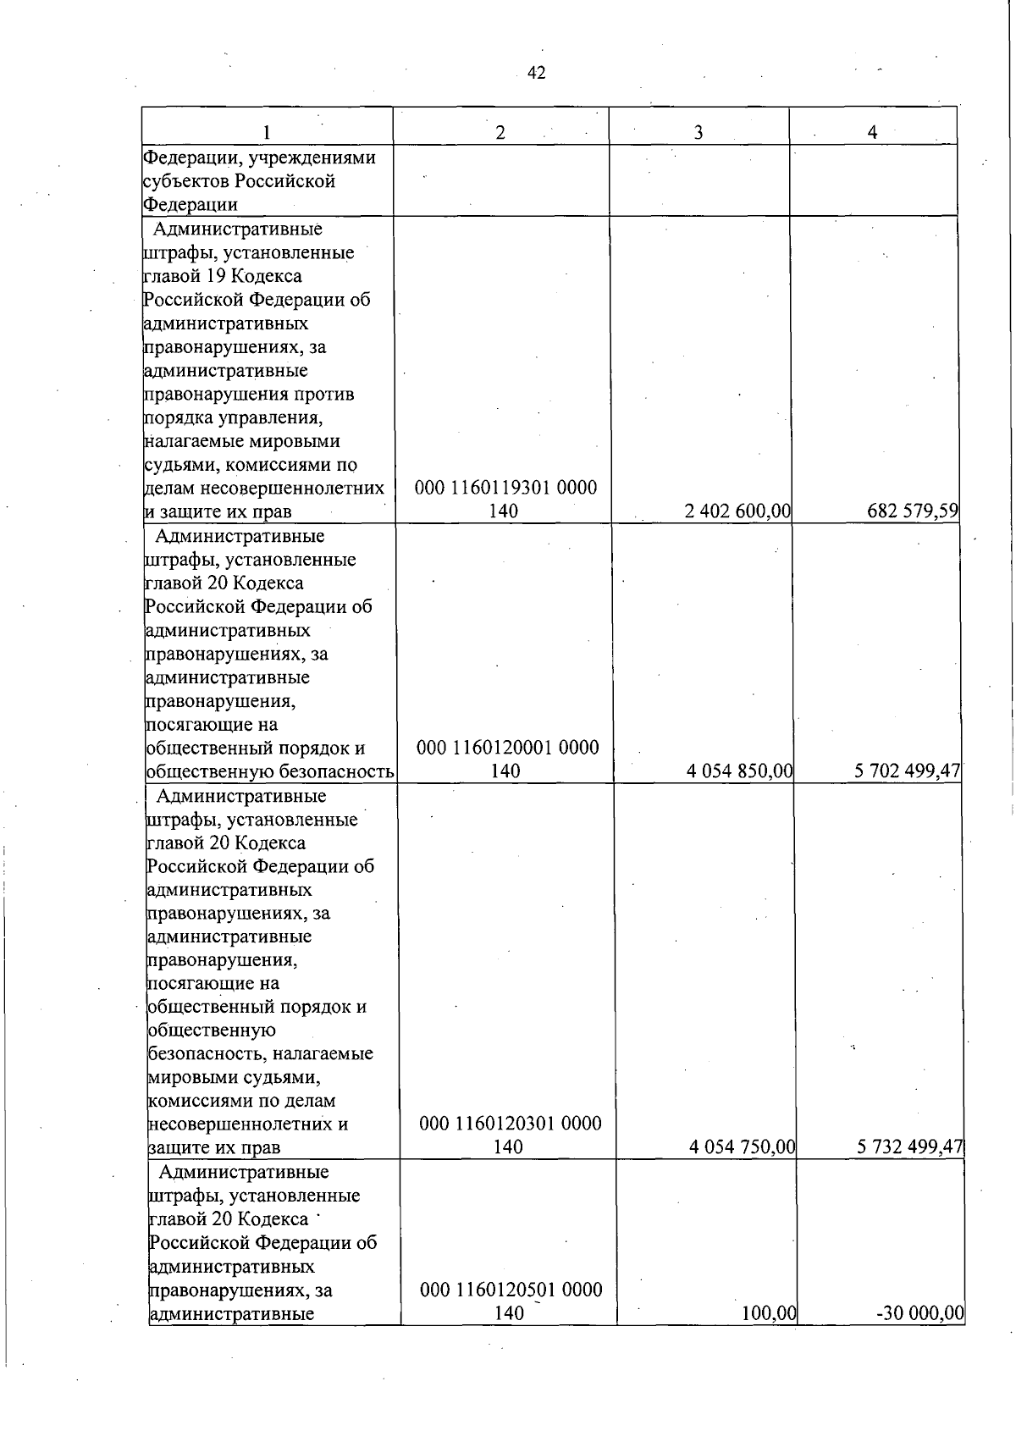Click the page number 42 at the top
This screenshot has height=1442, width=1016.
coord(536,74)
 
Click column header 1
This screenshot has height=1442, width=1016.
coord(267,132)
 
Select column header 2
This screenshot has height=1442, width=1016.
coord(500,132)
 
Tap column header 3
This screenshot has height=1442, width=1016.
coord(698,132)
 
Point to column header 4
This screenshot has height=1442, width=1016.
coord(872,132)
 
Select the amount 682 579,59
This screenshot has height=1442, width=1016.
coord(911,511)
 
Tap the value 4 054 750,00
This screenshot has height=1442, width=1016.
coord(742,1147)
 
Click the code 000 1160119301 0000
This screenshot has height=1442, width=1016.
coord(505,489)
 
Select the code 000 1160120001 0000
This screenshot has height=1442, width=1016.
coord(508,749)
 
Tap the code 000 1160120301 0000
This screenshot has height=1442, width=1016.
coord(511,1124)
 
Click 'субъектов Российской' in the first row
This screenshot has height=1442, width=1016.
coord(239,181)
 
